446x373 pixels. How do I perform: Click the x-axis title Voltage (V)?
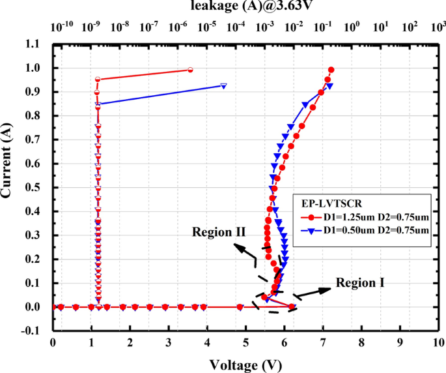coord(245,364)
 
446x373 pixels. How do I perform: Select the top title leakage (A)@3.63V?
coord(246,7)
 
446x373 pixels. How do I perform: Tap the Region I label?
coord(360,283)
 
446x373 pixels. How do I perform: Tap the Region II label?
coord(218,232)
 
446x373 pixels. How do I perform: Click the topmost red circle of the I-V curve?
coord(331,70)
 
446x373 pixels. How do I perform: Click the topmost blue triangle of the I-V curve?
coord(329,85)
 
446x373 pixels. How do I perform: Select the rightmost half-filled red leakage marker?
coord(190,70)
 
